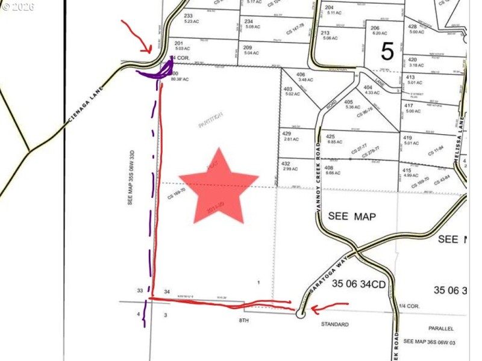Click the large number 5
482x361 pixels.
[387, 52]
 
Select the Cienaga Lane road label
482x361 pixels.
[87, 99]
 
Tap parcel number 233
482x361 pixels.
[188, 16]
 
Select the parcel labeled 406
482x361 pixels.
[301, 75]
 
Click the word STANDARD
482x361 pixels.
[334, 324]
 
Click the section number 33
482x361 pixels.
[140, 291]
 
